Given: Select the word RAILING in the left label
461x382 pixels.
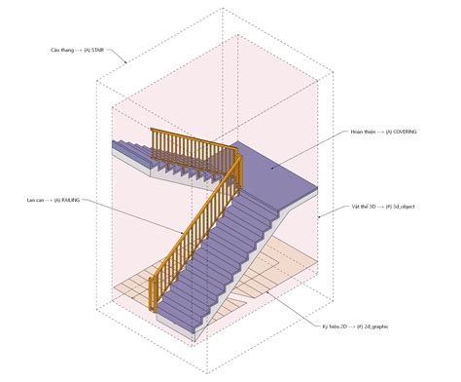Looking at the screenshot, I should click(69, 200).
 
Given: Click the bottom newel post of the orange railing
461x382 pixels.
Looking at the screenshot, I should click(153, 294).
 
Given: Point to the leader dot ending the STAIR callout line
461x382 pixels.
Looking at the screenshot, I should click(124, 63).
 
